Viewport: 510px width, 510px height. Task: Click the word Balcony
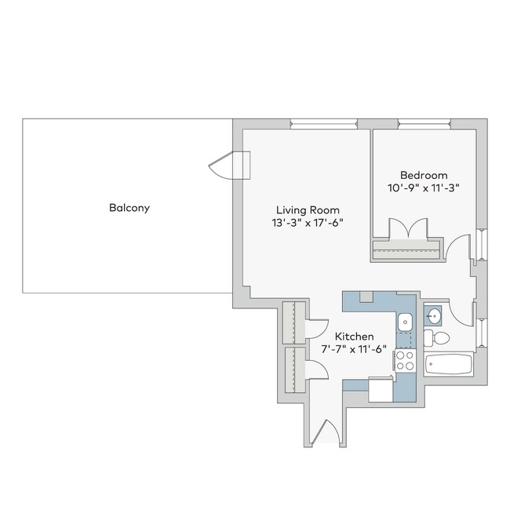click(129, 209)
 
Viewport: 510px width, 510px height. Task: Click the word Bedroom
click(424, 175)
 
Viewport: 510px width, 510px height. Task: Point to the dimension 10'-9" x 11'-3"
click(424, 188)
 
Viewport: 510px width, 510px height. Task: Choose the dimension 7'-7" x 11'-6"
click(354, 349)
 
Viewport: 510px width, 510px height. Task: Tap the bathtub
click(448, 364)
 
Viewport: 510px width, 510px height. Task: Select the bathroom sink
click(433, 315)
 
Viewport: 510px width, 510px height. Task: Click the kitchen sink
click(405, 320)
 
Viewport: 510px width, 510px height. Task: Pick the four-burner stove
click(405, 361)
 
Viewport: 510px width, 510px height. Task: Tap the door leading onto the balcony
click(230, 166)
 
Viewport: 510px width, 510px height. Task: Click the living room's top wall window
click(323, 122)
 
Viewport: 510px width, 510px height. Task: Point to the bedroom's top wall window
click(424, 122)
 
